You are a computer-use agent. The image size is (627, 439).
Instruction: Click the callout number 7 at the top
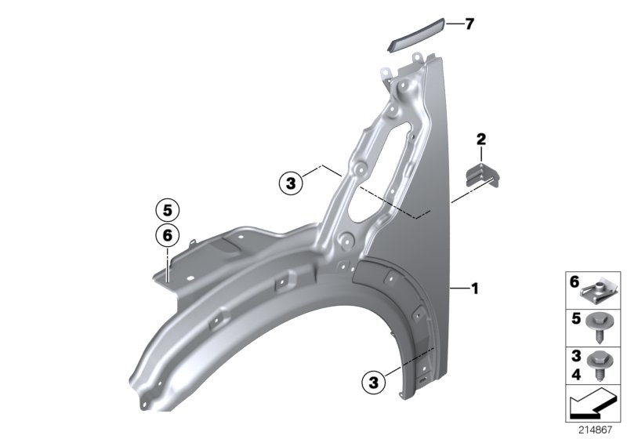click(x=469, y=24)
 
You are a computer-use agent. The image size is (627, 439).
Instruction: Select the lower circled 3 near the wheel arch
click(x=374, y=382)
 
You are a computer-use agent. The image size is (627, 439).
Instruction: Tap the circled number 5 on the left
click(x=166, y=210)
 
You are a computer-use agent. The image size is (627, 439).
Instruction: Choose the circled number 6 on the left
click(x=166, y=234)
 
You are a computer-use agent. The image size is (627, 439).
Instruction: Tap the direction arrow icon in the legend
click(x=593, y=407)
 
